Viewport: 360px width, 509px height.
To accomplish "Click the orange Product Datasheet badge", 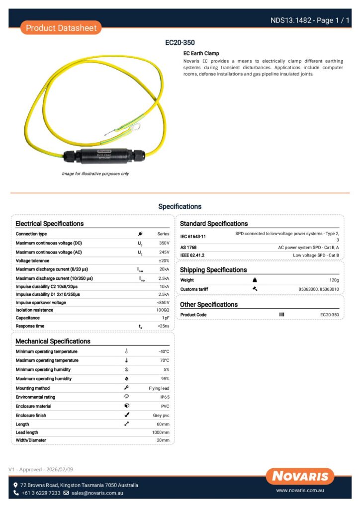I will point(61,28).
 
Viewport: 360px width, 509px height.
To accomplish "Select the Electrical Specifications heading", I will point(50,224).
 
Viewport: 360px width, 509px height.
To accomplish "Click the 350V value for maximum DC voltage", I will point(164,244).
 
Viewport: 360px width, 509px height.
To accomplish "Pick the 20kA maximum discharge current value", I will point(164,269).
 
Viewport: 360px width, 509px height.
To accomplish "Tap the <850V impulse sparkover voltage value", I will point(163,302).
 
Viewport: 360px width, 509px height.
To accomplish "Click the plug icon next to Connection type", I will point(141,234).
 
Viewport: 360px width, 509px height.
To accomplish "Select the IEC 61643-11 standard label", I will point(193,237).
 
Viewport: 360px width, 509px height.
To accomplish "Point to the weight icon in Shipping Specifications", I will point(255,280).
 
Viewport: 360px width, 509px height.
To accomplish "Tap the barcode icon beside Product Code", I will point(281,315).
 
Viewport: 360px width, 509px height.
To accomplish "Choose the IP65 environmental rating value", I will point(165,397).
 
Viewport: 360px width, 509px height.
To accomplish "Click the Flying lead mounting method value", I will point(159,388).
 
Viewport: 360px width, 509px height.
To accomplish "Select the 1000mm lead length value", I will point(161,432).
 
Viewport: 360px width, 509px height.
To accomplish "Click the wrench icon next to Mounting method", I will point(126,388).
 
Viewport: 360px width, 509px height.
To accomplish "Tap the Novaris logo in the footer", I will point(300,476).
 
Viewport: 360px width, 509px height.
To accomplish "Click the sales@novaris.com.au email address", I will point(97,493).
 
